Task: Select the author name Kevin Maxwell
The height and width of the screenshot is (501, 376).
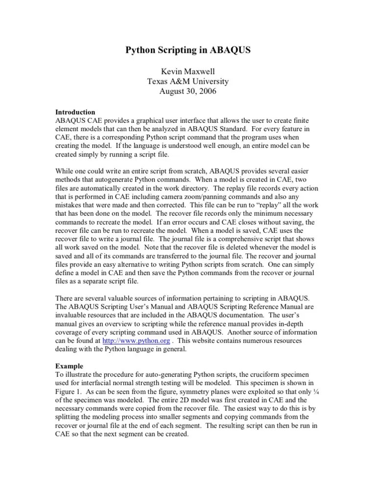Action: (188, 71)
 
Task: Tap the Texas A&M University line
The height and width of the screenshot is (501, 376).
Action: (188, 81)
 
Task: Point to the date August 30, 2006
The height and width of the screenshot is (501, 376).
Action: (188, 91)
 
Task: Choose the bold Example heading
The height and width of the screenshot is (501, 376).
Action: (69, 366)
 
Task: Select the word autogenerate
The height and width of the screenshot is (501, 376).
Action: (122, 180)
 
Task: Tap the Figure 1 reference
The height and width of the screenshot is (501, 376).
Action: (69, 392)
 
